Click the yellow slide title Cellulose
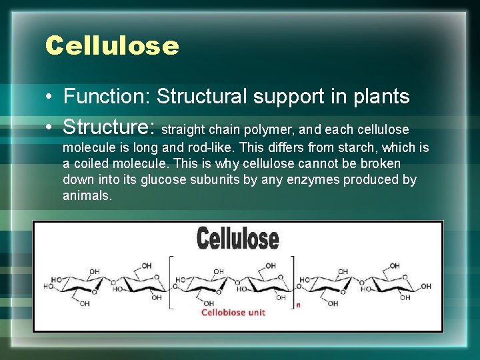tap(112, 46)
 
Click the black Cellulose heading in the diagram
tap(237, 237)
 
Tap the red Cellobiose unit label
tap(233, 312)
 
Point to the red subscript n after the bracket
tap(298, 305)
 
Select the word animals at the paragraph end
tap(87, 195)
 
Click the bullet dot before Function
tap(50, 97)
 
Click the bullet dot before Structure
tap(50, 126)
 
